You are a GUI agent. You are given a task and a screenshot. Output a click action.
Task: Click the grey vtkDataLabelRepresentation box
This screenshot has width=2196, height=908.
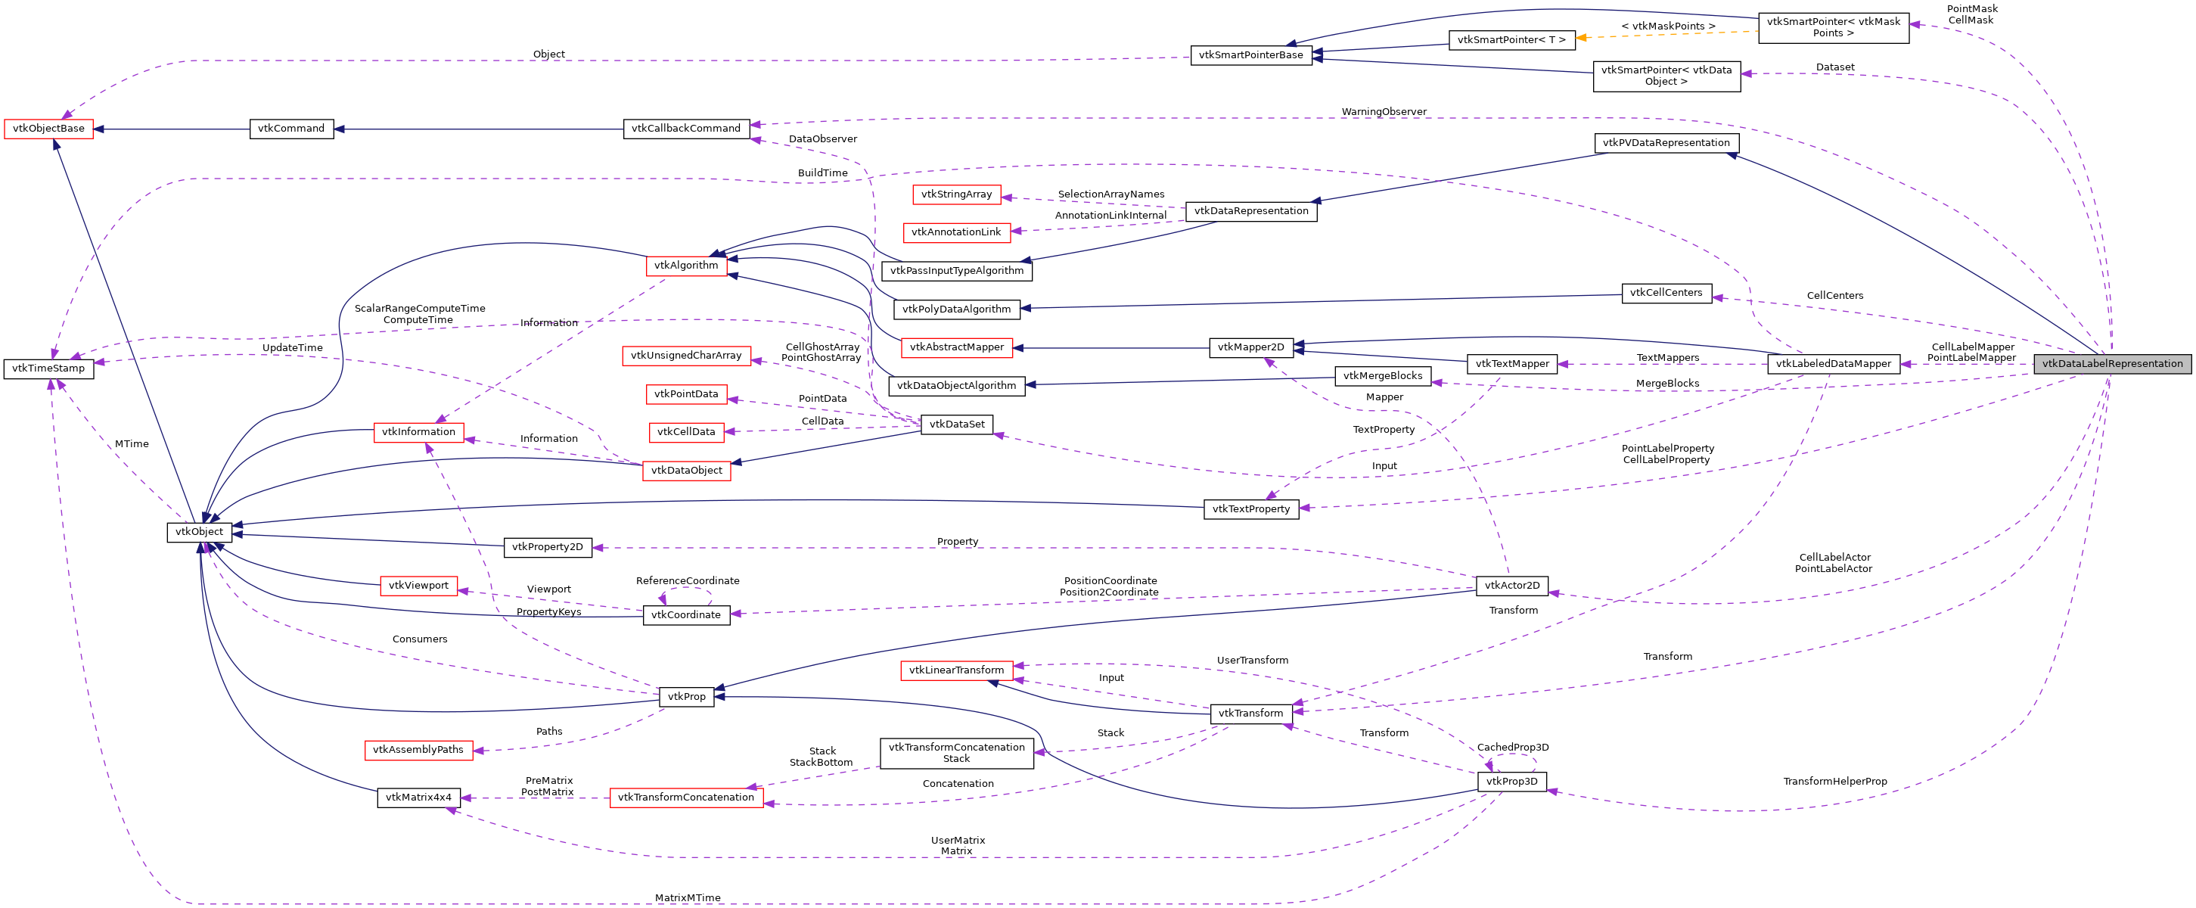pos(2111,364)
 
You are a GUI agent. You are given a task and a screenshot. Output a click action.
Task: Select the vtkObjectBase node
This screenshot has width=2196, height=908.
pos(48,129)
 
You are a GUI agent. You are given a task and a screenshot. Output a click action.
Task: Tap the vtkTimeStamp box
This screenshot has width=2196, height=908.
pos(48,368)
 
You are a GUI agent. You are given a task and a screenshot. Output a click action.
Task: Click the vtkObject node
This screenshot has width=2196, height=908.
pos(200,532)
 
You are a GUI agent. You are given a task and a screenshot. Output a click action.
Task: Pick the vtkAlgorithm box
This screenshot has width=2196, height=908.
pos(686,265)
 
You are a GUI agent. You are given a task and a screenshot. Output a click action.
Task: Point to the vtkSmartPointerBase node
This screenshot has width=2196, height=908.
pos(1250,55)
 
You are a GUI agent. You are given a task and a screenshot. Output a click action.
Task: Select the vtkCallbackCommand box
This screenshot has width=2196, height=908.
pos(686,129)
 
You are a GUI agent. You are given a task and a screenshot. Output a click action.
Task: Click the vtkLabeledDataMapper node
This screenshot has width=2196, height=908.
pos(1833,364)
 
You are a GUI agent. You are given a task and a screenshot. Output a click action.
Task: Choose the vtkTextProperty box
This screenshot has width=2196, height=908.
pos(1250,509)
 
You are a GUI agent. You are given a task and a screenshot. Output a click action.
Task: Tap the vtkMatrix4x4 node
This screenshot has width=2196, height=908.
pos(418,798)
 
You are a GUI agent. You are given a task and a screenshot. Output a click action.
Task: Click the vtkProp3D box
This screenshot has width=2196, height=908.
pos(1511,782)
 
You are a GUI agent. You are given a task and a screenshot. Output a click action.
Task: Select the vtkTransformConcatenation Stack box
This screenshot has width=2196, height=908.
pos(956,753)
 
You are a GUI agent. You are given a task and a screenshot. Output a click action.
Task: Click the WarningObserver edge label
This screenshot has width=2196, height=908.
pos(1384,112)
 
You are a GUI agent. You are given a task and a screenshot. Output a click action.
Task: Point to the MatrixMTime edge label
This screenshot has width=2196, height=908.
pos(687,897)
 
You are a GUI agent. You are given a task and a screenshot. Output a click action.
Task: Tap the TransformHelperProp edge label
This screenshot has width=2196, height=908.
pos(1834,782)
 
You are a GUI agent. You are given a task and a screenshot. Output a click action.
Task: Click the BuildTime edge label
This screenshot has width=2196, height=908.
pos(822,173)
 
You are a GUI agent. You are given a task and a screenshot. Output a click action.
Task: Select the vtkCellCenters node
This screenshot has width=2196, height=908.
pos(1666,292)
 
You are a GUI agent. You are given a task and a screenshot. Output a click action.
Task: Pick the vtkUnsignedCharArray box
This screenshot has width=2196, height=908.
pos(686,356)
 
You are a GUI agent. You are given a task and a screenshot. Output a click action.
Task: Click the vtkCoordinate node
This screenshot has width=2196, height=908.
pos(686,614)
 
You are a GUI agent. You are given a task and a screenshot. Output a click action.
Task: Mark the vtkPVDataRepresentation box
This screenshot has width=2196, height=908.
pos(1666,143)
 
